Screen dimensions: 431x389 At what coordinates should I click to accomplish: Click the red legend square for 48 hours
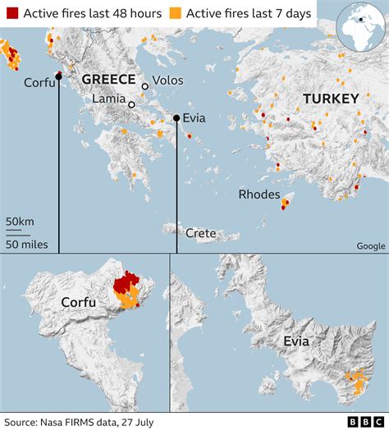pyautogui.click(x=11, y=13)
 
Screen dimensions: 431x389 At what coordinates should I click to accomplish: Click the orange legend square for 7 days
pyautogui.click(x=176, y=13)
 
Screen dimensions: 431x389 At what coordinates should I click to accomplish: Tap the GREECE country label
pyautogui.click(x=108, y=79)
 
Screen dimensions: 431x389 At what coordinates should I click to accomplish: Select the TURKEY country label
pyautogui.click(x=331, y=99)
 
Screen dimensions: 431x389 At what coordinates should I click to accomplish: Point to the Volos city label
pyautogui.click(x=168, y=80)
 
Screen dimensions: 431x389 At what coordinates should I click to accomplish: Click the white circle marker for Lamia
pyautogui.click(x=131, y=104)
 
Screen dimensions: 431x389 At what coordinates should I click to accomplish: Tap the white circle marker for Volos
pyautogui.click(x=145, y=86)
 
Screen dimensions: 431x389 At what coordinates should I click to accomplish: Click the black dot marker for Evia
pyautogui.click(x=176, y=119)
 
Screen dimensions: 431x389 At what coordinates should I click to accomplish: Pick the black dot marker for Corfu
pyautogui.click(x=58, y=77)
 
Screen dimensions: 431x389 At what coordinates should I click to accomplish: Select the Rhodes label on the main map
pyautogui.click(x=259, y=195)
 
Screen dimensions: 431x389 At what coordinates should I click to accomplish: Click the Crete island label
pyautogui.click(x=201, y=233)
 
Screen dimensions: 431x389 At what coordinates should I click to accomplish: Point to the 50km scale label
pyautogui.click(x=20, y=222)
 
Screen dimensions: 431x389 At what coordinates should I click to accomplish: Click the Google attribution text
pyautogui.click(x=370, y=245)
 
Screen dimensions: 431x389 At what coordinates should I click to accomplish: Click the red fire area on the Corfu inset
pyautogui.click(x=126, y=284)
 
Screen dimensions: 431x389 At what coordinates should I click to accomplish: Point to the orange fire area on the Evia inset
pyautogui.click(x=356, y=383)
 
